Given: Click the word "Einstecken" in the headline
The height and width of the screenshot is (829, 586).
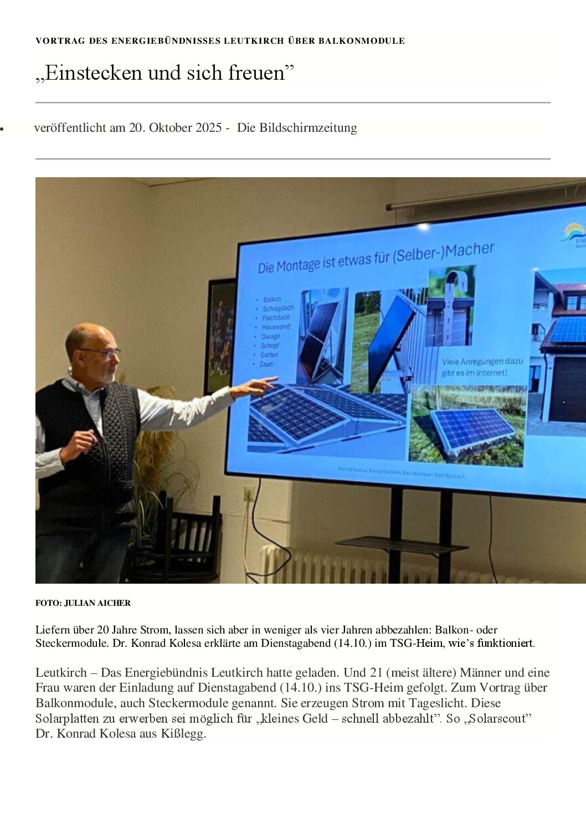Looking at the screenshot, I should pos(94,73).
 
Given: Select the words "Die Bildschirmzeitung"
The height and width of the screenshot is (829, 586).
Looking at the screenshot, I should pos(297,128).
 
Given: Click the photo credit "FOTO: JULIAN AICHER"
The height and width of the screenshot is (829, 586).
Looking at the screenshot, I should pos(83,603).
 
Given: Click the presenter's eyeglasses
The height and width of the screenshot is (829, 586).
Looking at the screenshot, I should pos(102,352).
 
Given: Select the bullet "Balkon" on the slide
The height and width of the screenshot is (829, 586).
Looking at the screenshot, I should pos(272,299).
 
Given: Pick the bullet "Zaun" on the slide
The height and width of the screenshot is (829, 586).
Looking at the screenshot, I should pos(266,364).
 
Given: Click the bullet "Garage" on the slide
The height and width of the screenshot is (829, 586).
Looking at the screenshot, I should pos(270,336).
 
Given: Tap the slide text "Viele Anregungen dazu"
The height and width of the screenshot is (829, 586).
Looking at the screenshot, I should pos(482,362).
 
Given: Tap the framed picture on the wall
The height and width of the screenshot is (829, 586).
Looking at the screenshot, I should pos(220,338).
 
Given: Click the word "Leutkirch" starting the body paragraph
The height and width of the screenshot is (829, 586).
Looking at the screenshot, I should pos(61,673).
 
